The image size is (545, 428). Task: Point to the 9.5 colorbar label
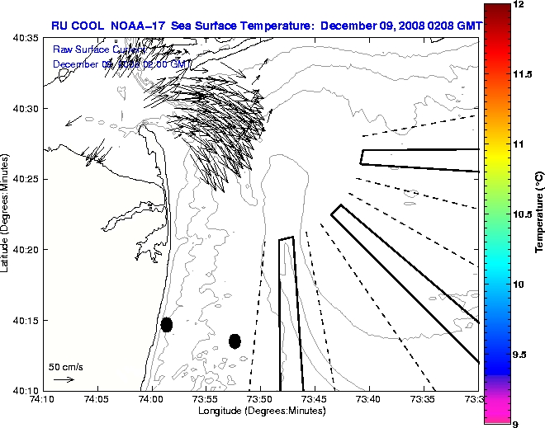pyautogui.click(x=521, y=354)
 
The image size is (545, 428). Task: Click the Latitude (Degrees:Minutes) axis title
pyautogui.click(x=7, y=214)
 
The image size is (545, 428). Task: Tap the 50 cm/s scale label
pyautogui.click(x=66, y=366)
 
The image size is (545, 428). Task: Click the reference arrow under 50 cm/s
pyautogui.click(x=64, y=379)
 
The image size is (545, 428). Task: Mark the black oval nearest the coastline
pyautogui.click(x=167, y=324)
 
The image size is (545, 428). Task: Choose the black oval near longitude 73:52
pyautogui.click(x=235, y=341)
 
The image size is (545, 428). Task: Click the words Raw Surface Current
pyautogui.click(x=92, y=49)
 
